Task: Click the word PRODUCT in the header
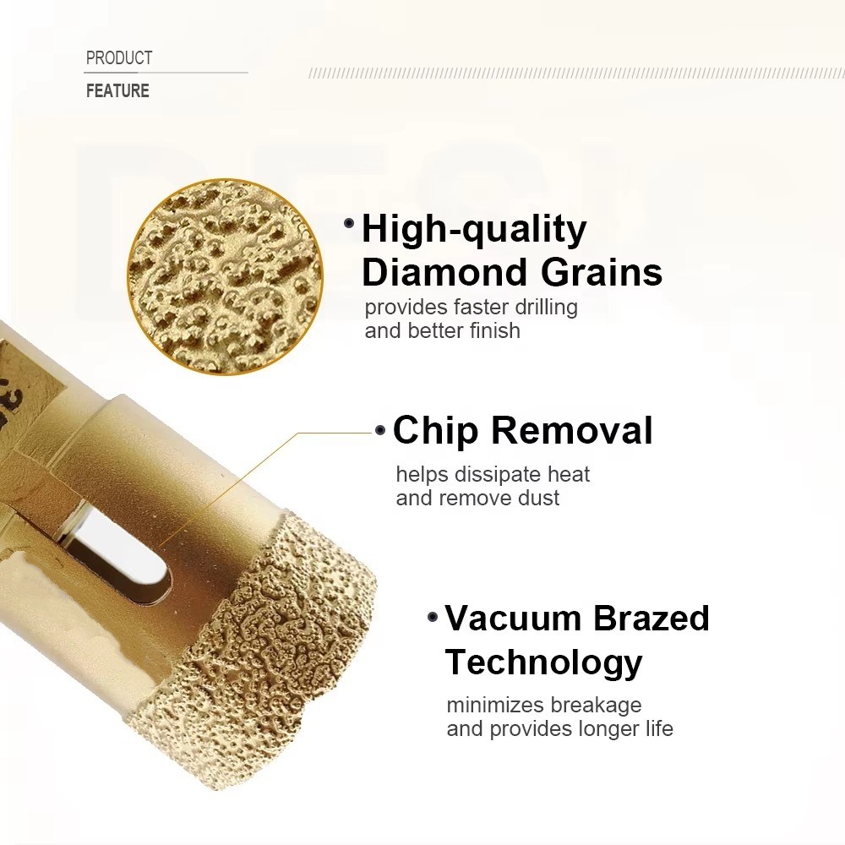[119, 58]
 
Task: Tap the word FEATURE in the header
[117, 91]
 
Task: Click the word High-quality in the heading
[474, 229]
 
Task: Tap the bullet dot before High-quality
[349, 224]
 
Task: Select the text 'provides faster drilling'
[471, 307]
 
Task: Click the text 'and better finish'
[442, 330]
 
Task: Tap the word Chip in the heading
[437, 430]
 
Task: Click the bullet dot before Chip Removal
[380, 430]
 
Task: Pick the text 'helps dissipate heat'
[493, 474]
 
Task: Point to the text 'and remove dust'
[477, 498]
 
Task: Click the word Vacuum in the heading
[514, 619]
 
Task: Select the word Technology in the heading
[543, 662]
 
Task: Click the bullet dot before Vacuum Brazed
[433, 618]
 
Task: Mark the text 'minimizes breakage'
[543, 705]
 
